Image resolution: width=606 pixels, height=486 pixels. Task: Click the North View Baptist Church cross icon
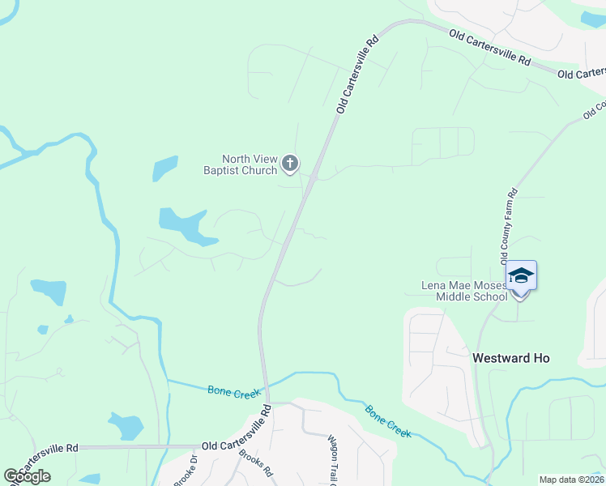click(290, 164)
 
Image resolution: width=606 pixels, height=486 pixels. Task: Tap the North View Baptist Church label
click(240, 164)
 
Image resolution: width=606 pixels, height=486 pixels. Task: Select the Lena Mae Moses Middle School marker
click(521, 277)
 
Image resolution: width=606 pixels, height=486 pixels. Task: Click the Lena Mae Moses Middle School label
click(464, 291)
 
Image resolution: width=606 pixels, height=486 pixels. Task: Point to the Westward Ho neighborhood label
click(511, 357)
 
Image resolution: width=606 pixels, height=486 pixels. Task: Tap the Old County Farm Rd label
click(508, 227)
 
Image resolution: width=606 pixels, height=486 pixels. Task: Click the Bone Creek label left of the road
click(234, 392)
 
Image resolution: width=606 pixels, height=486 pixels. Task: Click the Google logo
click(27, 476)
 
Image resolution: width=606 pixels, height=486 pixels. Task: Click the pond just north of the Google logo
click(126, 424)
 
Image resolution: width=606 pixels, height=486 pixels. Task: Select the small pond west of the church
click(164, 168)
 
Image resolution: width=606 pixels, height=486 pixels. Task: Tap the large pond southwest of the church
click(186, 224)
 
